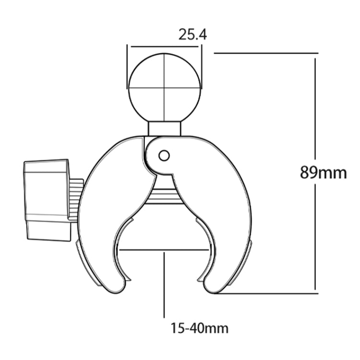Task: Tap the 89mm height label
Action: pos(323,172)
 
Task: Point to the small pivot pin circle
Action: pos(164,155)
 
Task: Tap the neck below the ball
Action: pos(164,128)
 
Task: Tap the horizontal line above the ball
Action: pos(164,47)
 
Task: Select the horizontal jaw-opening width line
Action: pos(164,250)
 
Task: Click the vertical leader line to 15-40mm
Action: pos(164,283)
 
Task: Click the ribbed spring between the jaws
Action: pos(164,195)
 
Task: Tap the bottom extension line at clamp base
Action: pos(269,291)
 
